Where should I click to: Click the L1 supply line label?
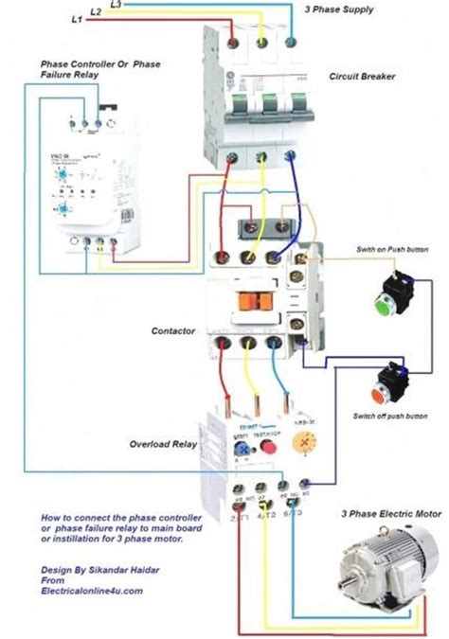pos(76,20)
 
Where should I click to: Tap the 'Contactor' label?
pos(173,331)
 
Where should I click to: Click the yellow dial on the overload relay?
pos(302,443)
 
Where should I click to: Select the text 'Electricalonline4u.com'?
pos(93,591)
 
